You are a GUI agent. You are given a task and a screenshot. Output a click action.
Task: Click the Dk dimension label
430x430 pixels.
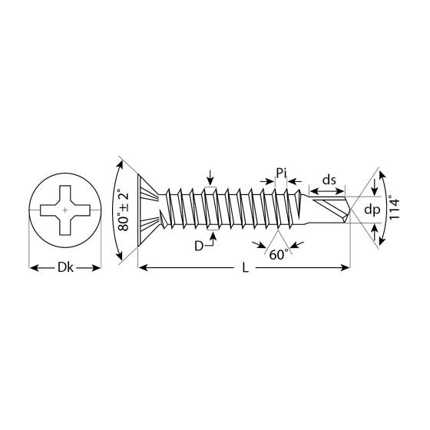65,267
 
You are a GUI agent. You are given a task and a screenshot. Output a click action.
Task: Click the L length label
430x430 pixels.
246,267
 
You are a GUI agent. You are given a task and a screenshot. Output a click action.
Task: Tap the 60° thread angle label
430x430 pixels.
279,255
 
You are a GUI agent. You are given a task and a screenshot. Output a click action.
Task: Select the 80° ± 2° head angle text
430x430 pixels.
123,210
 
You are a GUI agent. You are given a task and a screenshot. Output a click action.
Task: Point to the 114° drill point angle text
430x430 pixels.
395,207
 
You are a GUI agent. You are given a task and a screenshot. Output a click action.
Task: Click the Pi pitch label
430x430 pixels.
281,174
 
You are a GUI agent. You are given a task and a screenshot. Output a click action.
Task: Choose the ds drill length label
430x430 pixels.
329,180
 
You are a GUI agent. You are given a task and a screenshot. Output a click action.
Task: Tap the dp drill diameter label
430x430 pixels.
372,210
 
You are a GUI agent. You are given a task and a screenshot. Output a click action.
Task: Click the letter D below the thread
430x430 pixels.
199,246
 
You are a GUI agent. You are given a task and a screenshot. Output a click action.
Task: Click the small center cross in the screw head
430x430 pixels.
65,210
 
